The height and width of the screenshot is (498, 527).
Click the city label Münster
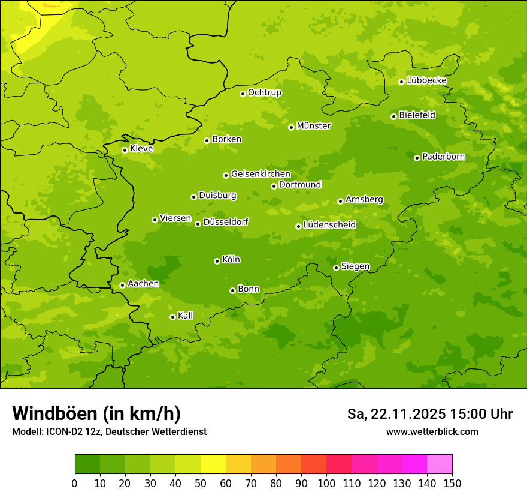point(314,126)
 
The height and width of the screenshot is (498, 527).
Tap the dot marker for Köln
point(217,261)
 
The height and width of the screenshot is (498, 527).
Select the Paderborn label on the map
point(443,157)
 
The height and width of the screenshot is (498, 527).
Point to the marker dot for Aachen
point(122,285)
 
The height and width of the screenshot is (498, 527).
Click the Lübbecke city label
point(426,80)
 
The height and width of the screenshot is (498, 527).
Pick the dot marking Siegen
point(336,268)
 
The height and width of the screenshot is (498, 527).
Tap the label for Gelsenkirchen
point(261,174)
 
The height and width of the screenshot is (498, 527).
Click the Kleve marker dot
point(125,150)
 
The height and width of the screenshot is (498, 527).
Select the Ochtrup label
point(264,92)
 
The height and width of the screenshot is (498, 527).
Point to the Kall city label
point(186,316)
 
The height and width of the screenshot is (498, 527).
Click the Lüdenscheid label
point(329,225)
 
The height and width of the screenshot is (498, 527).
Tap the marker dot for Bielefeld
point(393,116)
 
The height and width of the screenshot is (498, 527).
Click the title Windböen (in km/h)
point(96,413)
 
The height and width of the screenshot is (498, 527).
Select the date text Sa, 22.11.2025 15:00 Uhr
point(429,414)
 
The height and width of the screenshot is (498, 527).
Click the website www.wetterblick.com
point(432,431)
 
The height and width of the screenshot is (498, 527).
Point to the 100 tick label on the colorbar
point(326,483)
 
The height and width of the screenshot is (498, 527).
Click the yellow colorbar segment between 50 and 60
point(213,464)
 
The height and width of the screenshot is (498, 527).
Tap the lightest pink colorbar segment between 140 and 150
point(440,464)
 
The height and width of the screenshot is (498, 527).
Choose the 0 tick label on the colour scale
point(75,483)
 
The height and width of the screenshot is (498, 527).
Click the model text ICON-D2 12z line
point(109,431)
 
